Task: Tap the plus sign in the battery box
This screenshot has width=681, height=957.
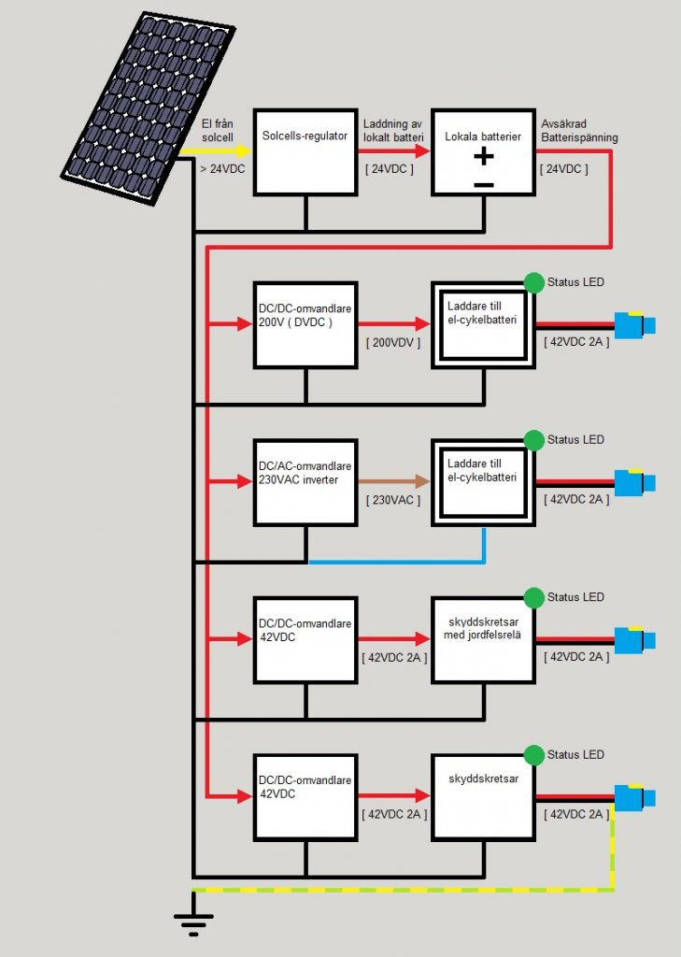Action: point(483,156)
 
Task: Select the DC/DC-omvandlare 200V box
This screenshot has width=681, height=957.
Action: point(306,323)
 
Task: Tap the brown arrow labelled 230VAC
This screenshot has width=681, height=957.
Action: point(393,481)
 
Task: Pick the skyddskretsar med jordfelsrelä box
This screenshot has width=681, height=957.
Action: point(483,638)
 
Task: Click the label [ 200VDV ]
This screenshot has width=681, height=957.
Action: point(392,343)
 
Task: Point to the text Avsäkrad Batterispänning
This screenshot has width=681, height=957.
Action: point(578,131)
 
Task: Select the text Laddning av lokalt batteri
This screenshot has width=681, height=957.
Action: point(393,131)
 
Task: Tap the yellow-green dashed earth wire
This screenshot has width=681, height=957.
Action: point(402,890)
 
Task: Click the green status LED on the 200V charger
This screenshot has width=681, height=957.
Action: point(533,282)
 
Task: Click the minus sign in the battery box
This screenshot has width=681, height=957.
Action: point(483,184)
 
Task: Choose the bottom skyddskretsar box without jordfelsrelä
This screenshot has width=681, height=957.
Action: point(483,795)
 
